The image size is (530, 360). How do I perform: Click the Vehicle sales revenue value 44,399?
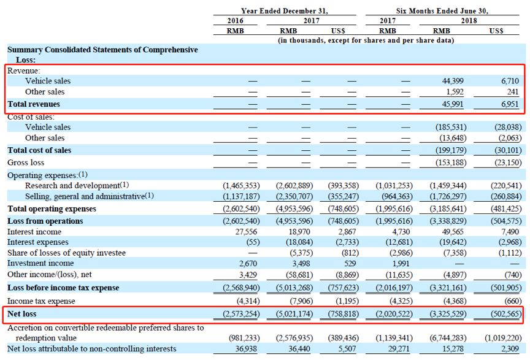coord(453,81)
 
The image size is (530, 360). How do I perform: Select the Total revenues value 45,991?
coord(453,104)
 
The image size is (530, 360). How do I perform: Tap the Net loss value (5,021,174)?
coord(294,314)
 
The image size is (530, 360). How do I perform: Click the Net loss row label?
coord(22,313)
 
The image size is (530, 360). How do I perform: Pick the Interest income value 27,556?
coord(246,232)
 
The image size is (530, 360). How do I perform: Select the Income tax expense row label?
coord(41,301)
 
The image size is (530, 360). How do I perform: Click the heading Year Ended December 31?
coord(284,11)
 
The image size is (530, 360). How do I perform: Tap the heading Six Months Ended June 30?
coord(442,11)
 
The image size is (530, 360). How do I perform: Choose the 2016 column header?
coord(236,21)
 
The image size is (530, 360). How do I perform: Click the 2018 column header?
coord(469,21)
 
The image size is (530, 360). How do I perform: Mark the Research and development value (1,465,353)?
coord(241,186)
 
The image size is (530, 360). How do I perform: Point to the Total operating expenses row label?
coord(52,209)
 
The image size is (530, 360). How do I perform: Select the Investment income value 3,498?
coord(299,264)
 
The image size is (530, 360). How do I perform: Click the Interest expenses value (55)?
coord(253,242)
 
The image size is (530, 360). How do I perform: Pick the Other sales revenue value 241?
coord(512,92)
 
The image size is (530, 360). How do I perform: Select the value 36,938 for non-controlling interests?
coord(246,349)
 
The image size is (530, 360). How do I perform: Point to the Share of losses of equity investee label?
coord(67,253)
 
